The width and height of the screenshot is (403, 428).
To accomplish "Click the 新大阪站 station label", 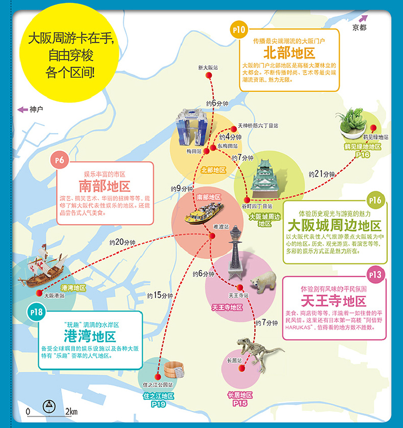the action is click(x=208, y=67).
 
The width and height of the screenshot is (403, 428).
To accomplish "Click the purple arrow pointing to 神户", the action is click(x=22, y=109).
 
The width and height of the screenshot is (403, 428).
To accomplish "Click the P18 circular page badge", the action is click(x=38, y=313).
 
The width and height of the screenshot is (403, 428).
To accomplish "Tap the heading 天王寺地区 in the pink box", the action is click(x=333, y=302).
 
